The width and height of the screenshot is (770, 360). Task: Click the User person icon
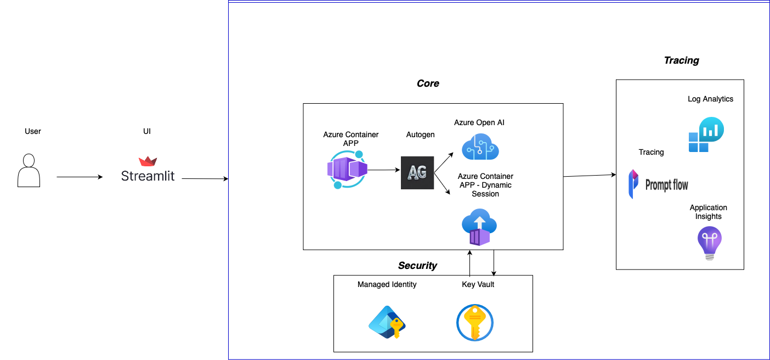point(29,171)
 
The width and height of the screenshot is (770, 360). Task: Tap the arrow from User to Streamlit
point(80,177)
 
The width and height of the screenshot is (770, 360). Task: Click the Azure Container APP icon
point(347,170)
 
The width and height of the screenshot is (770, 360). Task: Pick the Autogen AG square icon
point(417,173)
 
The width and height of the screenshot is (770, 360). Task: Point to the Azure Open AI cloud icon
point(480,147)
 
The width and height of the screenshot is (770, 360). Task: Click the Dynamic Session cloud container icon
point(479,227)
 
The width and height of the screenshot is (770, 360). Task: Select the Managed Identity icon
point(387,323)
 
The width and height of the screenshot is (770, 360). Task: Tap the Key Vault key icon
point(475,323)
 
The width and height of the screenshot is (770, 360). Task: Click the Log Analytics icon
point(706,134)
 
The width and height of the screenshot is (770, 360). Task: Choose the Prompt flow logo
point(658,184)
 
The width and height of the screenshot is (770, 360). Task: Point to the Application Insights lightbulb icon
point(709,243)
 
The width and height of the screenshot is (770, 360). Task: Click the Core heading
point(428,83)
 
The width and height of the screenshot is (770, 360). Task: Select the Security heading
point(417,266)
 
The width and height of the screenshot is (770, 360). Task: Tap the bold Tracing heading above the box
point(681,60)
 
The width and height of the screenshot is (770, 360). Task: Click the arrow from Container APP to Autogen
point(384,170)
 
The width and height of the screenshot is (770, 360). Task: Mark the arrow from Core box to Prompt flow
point(590,176)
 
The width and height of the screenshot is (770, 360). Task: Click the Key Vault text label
point(478,284)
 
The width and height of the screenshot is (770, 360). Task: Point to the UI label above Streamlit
point(147,131)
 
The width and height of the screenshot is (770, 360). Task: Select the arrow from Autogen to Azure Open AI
point(444,163)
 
